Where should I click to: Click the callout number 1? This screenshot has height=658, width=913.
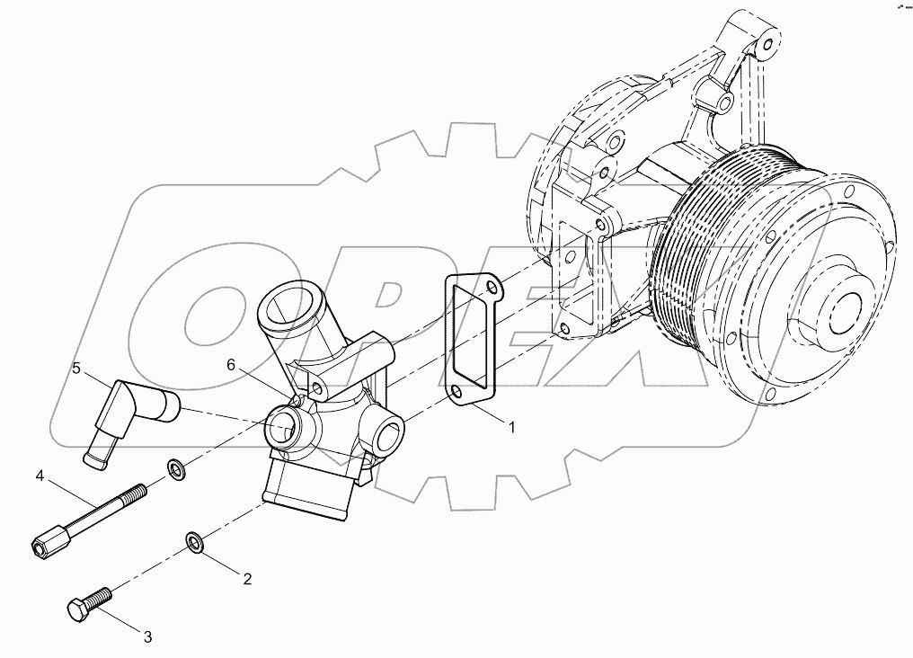tap(512, 427)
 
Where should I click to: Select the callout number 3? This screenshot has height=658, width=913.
tap(148, 637)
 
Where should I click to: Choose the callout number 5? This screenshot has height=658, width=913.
tap(76, 368)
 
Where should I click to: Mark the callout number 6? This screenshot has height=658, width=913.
tap(231, 365)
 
